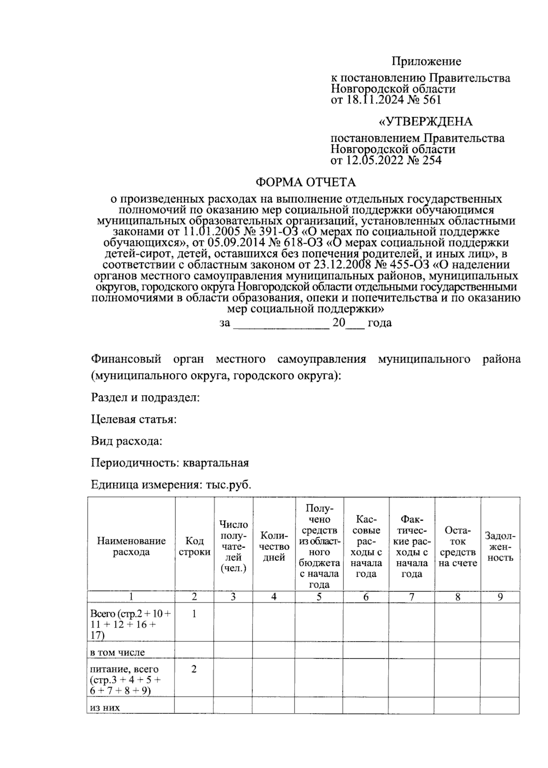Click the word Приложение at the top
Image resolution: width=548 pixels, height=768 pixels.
coord(426,61)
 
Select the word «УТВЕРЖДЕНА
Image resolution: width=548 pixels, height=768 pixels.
coord(426,122)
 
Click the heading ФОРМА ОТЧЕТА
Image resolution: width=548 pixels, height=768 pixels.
coord(305,182)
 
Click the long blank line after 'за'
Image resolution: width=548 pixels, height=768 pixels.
coord(281,323)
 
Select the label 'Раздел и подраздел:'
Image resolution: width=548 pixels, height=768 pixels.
coord(146,397)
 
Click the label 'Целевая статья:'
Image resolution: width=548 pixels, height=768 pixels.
coord(134,419)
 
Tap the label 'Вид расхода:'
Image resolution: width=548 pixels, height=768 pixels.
coord(127,441)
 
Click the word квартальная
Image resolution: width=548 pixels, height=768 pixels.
coord(216,463)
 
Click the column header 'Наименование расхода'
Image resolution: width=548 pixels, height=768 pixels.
coord(131,546)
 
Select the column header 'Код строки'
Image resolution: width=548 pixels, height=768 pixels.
coord(195,546)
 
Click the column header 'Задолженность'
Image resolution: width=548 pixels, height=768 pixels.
coord(500,546)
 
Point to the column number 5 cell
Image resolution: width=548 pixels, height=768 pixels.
coord(319,597)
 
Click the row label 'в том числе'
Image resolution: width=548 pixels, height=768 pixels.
coord(118,652)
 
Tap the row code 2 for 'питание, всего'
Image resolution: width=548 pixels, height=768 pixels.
coord(194,669)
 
